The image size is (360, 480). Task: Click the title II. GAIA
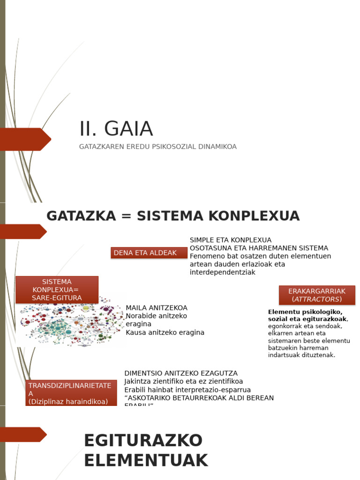pyautogui.click(x=116, y=129)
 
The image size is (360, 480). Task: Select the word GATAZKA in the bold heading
pyautogui.click(x=81, y=216)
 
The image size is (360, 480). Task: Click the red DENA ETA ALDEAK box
pyautogui.click(x=149, y=253)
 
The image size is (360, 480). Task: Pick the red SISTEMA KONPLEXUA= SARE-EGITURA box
pyautogui.click(x=57, y=290)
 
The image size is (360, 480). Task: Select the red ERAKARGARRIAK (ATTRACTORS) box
pyautogui.click(x=317, y=295)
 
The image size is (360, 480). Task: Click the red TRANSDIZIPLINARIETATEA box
pyautogui.click(x=71, y=393)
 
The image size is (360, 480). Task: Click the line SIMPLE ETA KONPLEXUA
pyautogui.click(x=231, y=240)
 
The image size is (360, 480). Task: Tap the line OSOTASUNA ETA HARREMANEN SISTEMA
pyautogui.click(x=259, y=248)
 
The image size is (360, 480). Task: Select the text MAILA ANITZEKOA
pyautogui.click(x=157, y=308)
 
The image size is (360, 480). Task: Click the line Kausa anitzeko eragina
pyautogui.click(x=165, y=332)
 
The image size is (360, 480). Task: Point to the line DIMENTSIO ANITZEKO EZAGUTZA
pyautogui.click(x=181, y=373)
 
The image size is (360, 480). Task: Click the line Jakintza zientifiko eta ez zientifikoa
pyautogui.click(x=183, y=382)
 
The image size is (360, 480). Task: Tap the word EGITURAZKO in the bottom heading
pyautogui.click(x=143, y=441)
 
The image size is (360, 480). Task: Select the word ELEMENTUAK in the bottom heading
pyautogui.click(x=146, y=461)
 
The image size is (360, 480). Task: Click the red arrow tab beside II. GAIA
pyautogui.click(x=25, y=139)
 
